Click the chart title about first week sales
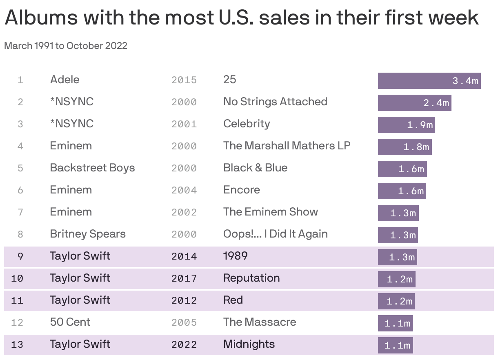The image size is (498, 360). pyautogui.click(x=241, y=18)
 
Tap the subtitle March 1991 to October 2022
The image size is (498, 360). pyautogui.click(x=66, y=46)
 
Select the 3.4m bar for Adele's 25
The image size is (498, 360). pyautogui.click(x=429, y=81)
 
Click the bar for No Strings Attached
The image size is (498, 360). pyautogui.click(x=414, y=103)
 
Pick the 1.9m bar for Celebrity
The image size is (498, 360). pyautogui.click(x=406, y=125)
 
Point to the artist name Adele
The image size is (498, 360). pyautogui.click(x=64, y=80)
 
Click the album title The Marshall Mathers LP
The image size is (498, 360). pyautogui.click(x=287, y=146)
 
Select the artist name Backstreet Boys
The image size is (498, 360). pyautogui.click(x=92, y=168)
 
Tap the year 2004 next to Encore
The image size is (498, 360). pyautogui.click(x=184, y=190)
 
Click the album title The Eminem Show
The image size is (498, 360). pyautogui.click(x=270, y=212)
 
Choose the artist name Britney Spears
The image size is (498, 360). pyautogui.click(x=88, y=234)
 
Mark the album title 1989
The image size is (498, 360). pyautogui.click(x=235, y=256)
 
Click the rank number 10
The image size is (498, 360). pyautogui.click(x=17, y=278)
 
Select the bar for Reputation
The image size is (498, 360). pyautogui.click(x=396, y=279)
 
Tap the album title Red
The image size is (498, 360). pyautogui.click(x=233, y=300)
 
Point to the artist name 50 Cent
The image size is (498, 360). pyautogui.click(x=70, y=322)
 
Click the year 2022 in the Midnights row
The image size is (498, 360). pyautogui.click(x=184, y=344)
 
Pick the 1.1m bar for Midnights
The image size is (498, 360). pyautogui.click(x=395, y=345)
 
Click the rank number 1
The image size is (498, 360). pyautogui.click(x=20, y=80)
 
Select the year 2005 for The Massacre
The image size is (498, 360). pyautogui.click(x=184, y=322)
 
